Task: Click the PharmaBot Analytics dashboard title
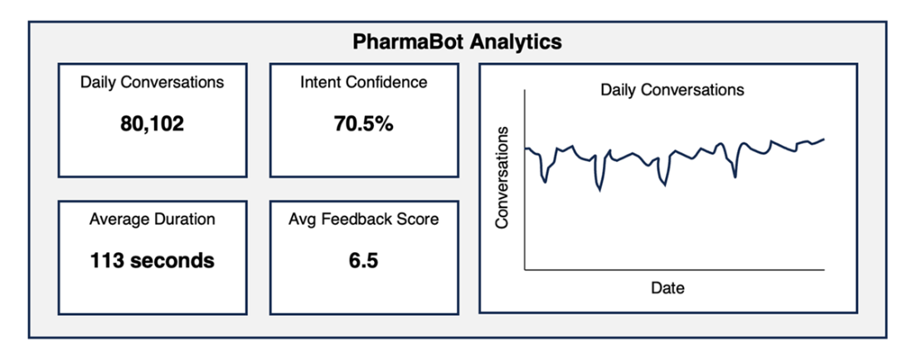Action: pyautogui.click(x=457, y=41)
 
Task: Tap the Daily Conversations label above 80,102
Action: pyautogui.click(x=152, y=82)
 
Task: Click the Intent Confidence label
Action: pyautogui.click(x=363, y=82)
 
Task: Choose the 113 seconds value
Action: pyautogui.click(x=152, y=260)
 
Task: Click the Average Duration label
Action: pyautogui.click(x=152, y=219)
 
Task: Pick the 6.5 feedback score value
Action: pyautogui.click(x=363, y=260)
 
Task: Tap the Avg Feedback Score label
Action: pyautogui.click(x=363, y=219)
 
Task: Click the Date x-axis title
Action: pyautogui.click(x=667, y=289)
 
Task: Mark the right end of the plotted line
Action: pyautogui.click(x=824, y=139)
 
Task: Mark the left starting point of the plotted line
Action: pyautogui.click(x=526, y=148)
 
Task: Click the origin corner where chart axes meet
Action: pyautogui.click(x=524, y=270)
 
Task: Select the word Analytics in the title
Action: pyautogui.click(x=512, y=41)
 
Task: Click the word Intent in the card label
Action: pyautogui.click(x=318, y=82)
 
